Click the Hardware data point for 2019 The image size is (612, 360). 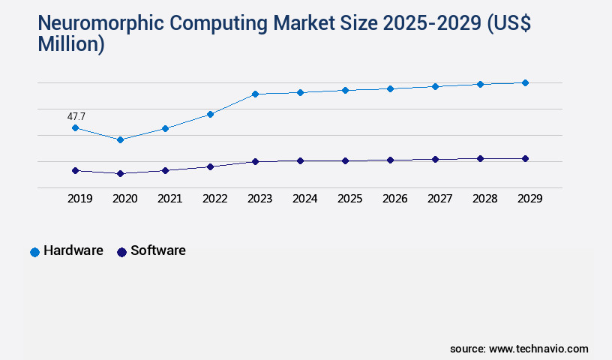75,127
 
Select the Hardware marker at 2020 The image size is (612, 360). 120,139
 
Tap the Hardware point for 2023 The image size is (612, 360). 255,94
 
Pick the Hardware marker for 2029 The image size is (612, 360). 525,82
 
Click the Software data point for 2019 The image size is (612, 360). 75,170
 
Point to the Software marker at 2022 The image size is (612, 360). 210,166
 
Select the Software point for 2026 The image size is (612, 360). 390,160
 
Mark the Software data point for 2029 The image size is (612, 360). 525,158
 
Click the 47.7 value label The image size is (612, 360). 76,116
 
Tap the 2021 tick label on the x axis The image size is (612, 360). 169,199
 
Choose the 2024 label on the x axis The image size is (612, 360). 304,199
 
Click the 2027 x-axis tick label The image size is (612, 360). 439,199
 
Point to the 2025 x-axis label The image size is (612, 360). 349,199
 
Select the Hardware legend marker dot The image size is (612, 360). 34,252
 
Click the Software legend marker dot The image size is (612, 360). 121,252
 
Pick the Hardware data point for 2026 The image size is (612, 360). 390,88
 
